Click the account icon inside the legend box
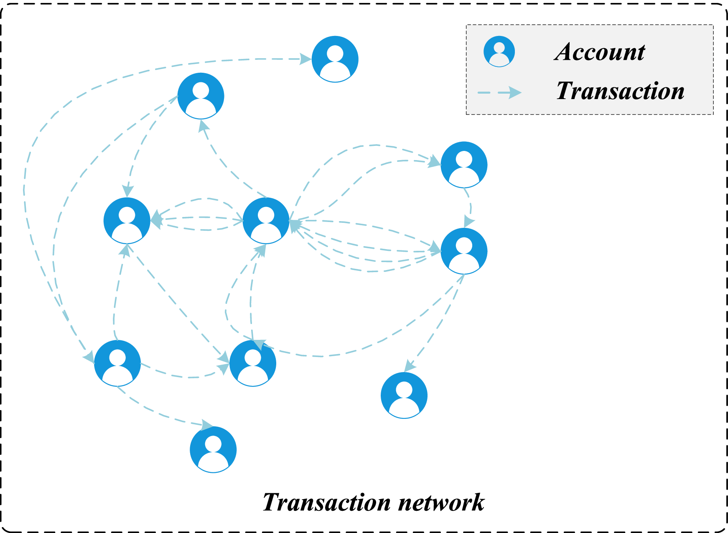click(499, 51)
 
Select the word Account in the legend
click(600, 52)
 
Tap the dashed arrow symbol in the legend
click(499, 92)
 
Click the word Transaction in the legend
click(620, 91)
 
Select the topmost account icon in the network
click(335, 59)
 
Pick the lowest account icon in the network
click(213, 449)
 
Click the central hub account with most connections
click(266, 220)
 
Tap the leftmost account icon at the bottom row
click(117, 363)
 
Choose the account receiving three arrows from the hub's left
click(127, 220)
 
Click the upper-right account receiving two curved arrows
click(464, 165)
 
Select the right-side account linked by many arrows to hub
click(464, 251)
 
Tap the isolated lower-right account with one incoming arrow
click(404, 395)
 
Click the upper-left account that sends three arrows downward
click(201, 96)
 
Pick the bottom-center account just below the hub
click(253, 363)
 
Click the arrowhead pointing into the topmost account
click(305, 59)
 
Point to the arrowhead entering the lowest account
click(207, 426)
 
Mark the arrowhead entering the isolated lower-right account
click(410, 366)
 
